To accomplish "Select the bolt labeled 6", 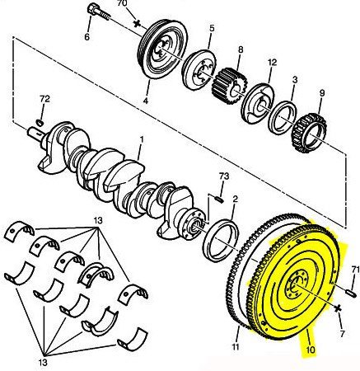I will [96, 14].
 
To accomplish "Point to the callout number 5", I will [211, 29].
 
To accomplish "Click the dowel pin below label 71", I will [350, 289].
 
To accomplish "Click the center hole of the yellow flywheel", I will [292, 289].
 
